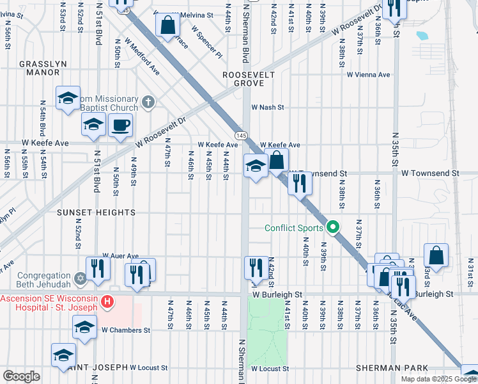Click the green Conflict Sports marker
(x=332, y=227)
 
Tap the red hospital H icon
(x=108, y=300)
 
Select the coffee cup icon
(x=120, y=125)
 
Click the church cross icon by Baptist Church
(x=148, y=101)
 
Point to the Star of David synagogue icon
(x=81, y=278)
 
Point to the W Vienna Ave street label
(x=368, y=75)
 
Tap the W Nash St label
(x=267, y=108)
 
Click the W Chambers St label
(x=125, y=330)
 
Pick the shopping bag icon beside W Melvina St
(x=167, y=26)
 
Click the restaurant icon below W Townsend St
(x=299, y=183)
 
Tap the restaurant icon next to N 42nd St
(x=256, y=267)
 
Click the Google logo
(x=21, y=376)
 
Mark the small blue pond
(x=422, y=36)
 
